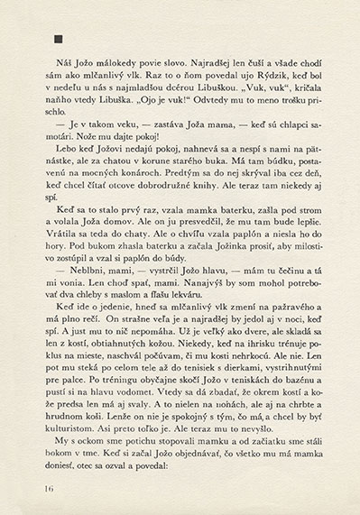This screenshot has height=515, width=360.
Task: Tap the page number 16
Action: [x=46, y=488]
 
